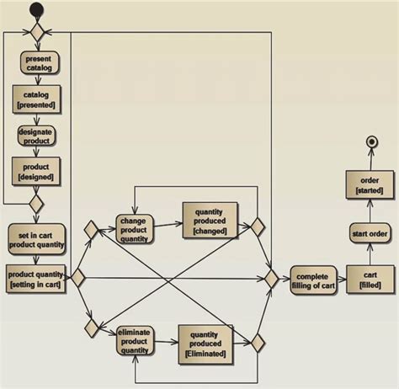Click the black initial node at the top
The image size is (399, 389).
[35, 11]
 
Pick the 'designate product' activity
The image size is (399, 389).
[35, 136]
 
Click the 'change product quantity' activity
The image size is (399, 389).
[135, 227]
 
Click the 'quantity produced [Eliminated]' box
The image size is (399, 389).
[206, 344]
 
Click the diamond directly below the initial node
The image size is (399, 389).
[36, 33]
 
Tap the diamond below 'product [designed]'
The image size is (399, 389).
[36, 204]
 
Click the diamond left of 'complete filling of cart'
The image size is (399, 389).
[271, 277]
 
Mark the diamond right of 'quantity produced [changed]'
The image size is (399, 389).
[258, 226]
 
